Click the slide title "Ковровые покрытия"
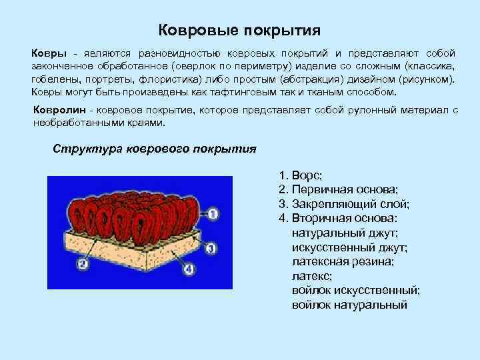240,31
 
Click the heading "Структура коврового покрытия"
154,148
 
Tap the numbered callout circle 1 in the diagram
213,214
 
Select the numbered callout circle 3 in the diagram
209,248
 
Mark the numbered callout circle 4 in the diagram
189,269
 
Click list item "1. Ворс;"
301,175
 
